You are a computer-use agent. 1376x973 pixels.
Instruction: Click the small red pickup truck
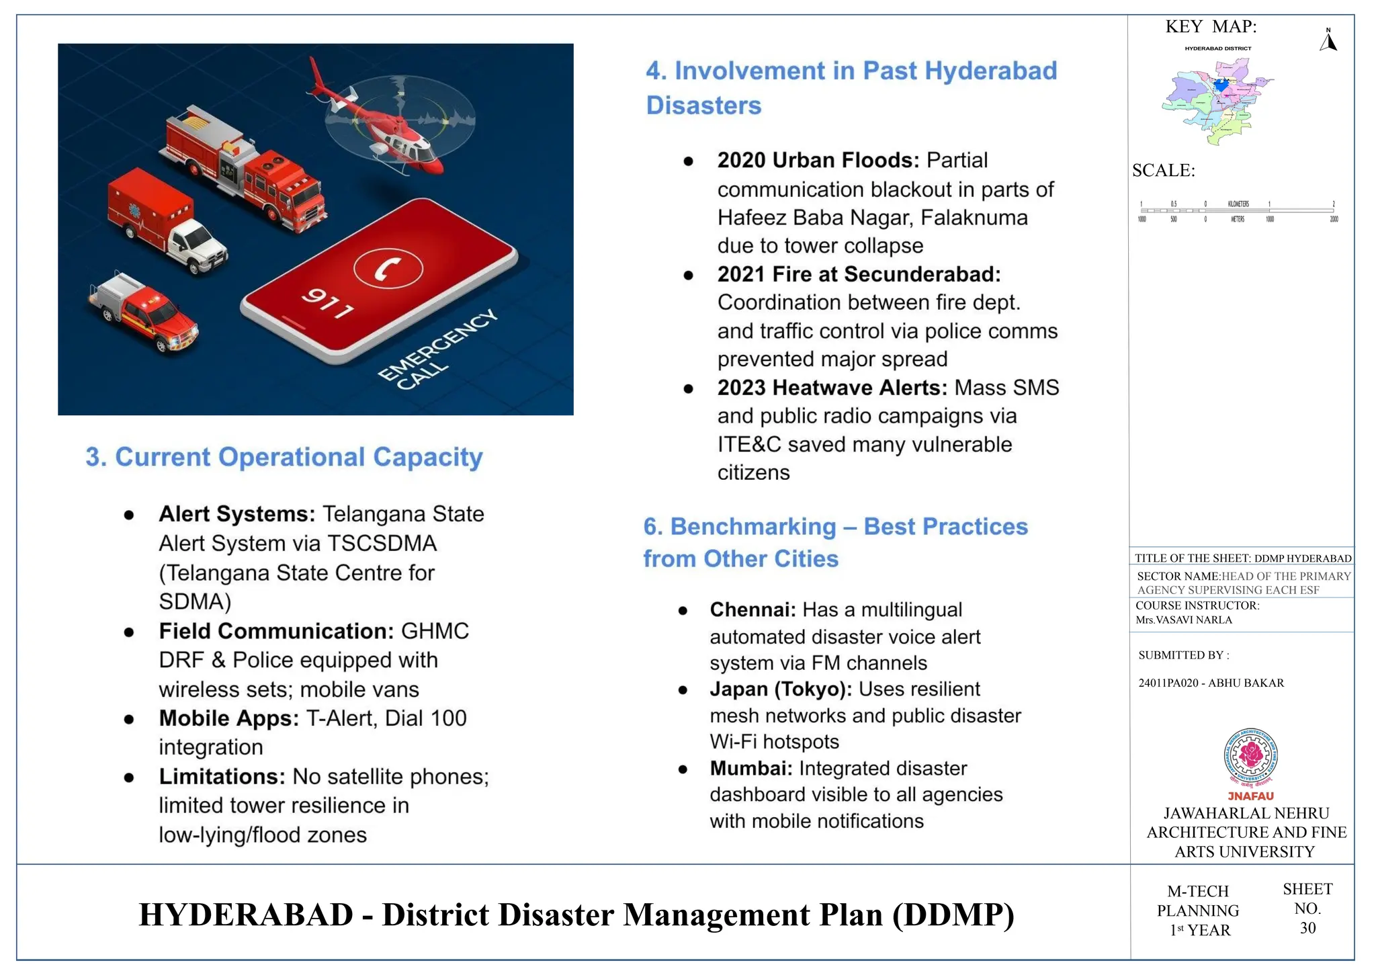[144, 312]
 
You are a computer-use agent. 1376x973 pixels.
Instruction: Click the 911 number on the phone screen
[327, 303]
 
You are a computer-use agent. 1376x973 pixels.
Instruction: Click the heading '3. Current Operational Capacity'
[284, 458]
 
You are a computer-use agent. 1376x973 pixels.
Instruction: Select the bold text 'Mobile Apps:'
[228, 718]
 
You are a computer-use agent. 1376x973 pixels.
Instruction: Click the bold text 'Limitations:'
[222, 777]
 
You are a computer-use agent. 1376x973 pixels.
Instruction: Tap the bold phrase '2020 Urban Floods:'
[818, 161]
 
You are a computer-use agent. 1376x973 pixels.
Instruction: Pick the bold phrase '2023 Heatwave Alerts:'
[832, 388]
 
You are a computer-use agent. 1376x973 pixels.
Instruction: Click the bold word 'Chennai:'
[752, 610]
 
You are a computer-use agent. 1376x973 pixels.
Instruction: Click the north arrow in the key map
[1328, 42]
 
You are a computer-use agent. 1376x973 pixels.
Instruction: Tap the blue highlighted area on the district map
[1221, 85]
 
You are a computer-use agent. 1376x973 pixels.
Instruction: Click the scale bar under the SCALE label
[1238, 211]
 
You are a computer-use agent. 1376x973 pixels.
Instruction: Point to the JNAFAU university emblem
[1250, 757]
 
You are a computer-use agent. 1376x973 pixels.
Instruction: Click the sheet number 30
[1307, 929]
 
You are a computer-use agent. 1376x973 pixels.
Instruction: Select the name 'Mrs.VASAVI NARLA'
[1184, 620]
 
